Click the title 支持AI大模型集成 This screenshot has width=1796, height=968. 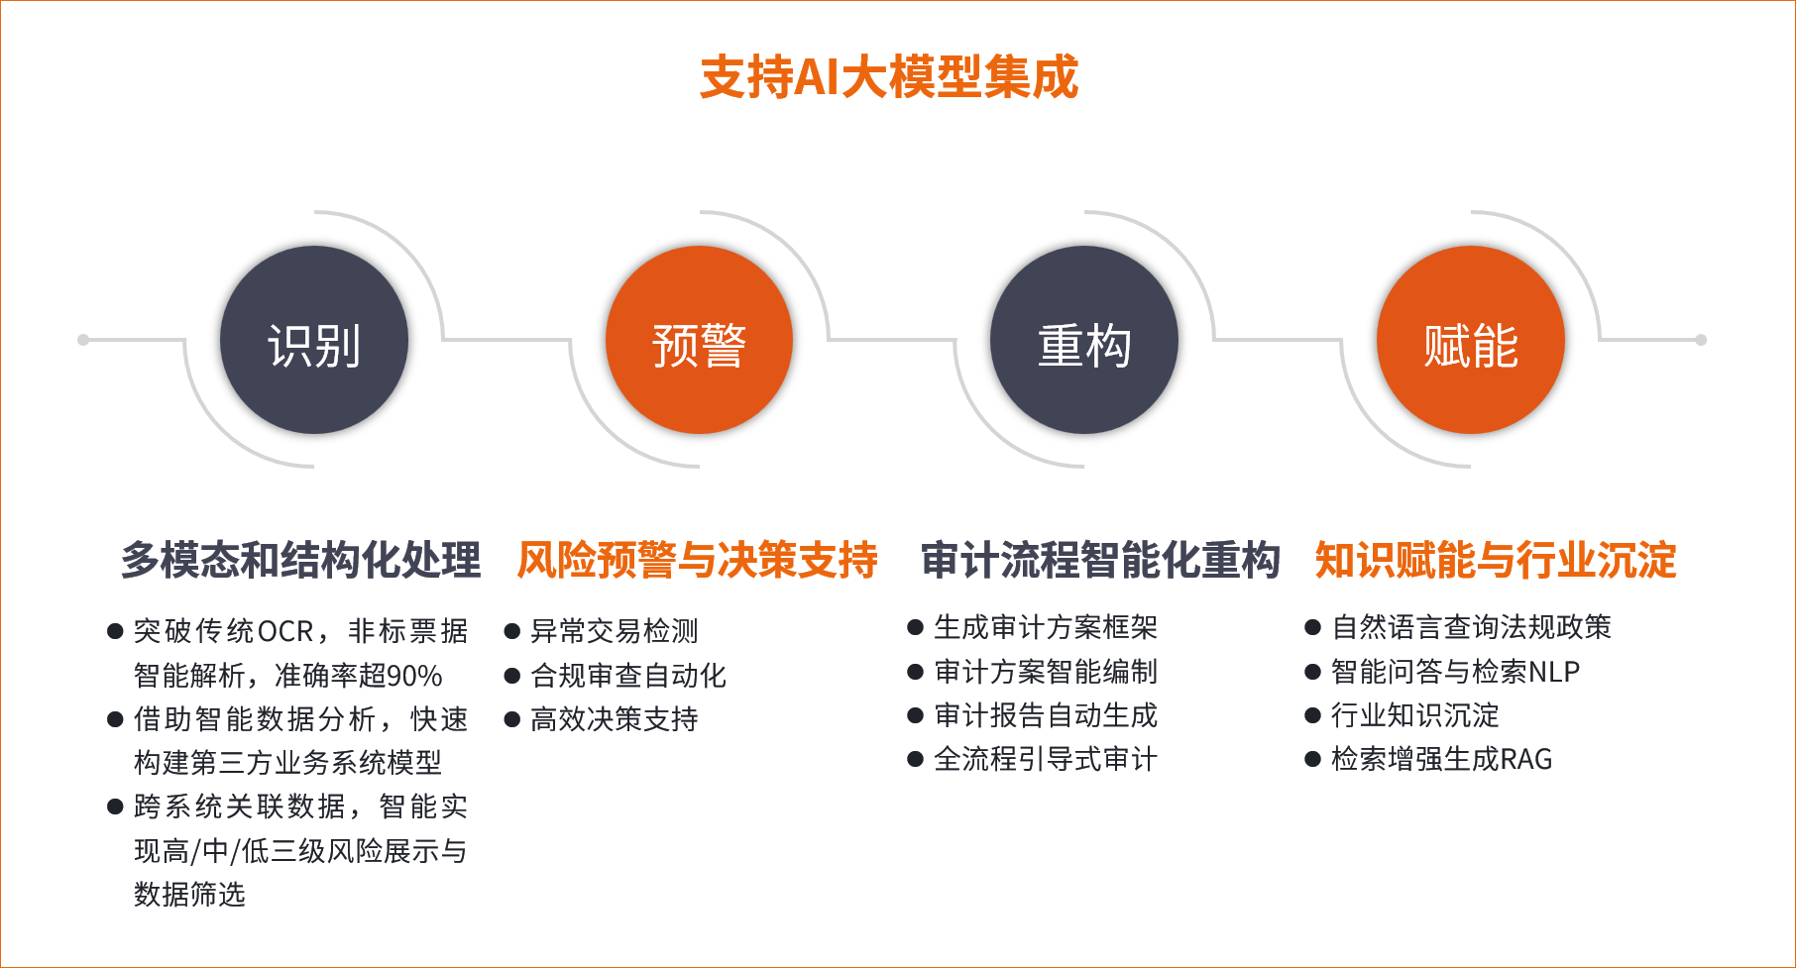pos(889,77)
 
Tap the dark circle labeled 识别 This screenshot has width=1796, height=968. pos(314,340)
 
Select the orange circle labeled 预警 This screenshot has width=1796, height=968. pos(699,340)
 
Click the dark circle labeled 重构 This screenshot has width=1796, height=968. pos(1084,340)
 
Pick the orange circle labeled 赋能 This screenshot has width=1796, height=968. pos(1471,340)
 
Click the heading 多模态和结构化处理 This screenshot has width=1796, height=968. pos(301,560)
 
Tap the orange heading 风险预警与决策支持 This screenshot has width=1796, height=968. pos(698,560)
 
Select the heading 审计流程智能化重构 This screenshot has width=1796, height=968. pos(1101,560)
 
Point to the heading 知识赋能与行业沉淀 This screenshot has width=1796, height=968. pos(1496,560)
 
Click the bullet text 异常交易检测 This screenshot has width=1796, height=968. pos(615,631)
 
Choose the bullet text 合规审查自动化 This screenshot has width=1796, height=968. pos(628,676)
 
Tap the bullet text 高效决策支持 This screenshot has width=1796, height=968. pos(615,719)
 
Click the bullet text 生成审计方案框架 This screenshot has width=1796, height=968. pos(1046,627)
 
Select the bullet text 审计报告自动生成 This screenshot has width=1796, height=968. pos(1046,715)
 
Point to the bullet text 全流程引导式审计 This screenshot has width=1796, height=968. pos(1046,759)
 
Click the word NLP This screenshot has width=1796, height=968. pos(1554,672)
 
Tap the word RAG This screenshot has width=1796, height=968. pos(1526,759)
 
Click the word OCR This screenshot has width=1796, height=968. pos(285,631)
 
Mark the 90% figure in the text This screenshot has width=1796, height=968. pos(414,676)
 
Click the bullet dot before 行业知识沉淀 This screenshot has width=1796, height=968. pos(1313,715)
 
